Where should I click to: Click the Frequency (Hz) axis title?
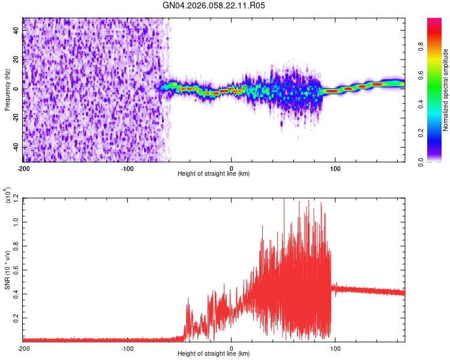(x=8, y=89)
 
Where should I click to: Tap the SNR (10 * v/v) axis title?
(x=8, y=269)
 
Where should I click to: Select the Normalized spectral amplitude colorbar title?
(x=445, y=89)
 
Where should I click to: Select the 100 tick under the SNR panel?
(x=335, y=347)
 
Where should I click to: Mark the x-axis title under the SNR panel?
(x=214, y=353)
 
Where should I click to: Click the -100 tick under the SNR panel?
(x=127, y=347)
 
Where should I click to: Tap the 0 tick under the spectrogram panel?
(x=232, y=167)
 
